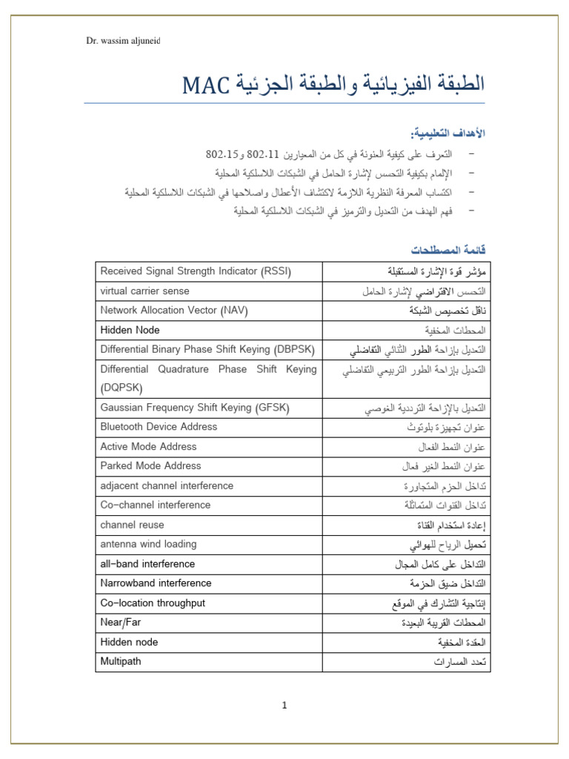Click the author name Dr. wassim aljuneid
click(x=124, y=41)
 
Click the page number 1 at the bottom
click(x=284, y=705)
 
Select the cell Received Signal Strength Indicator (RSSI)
click(x=196, y=271)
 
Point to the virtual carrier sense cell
click(x=144, y=291)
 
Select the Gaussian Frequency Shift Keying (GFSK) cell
click(x=194, y=408)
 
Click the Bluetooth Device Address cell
click(x=159, y=427)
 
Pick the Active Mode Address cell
click(x=148, y=447)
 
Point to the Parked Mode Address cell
click(x=150, y=466)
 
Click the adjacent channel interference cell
click(x=167, y=486)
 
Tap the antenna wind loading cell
click(x=148, y=544)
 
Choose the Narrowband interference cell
click(x=156, y=583)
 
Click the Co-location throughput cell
click(x=153, y=603)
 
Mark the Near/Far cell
click(x=120, y=623)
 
